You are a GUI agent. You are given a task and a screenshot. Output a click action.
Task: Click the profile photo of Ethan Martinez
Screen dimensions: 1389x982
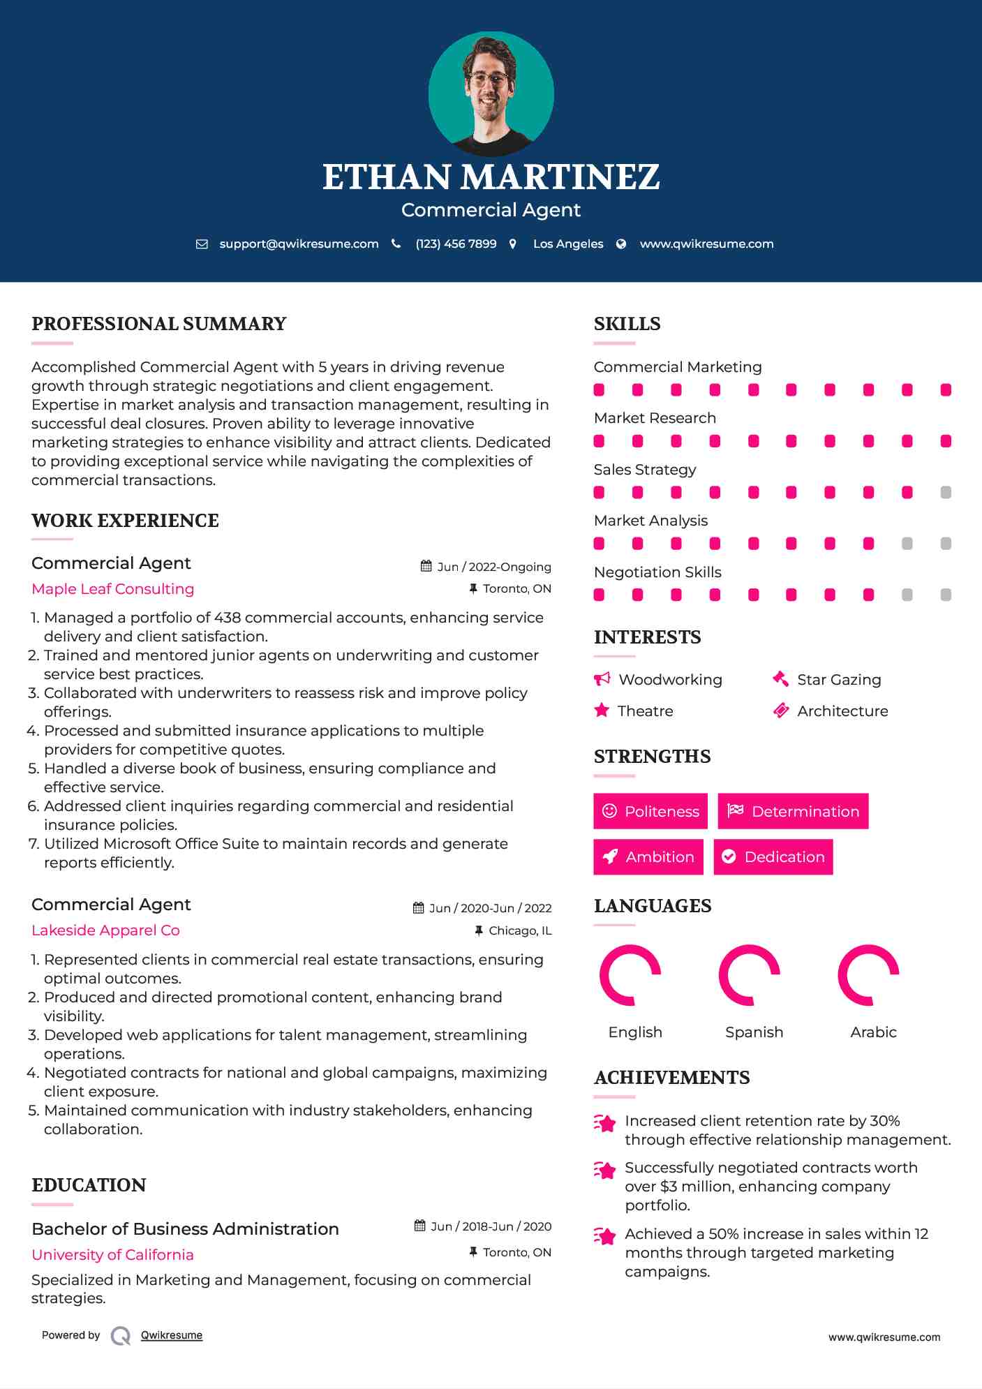tap(491, 94)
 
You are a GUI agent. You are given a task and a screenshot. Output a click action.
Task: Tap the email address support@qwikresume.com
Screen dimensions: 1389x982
tap(299, 244)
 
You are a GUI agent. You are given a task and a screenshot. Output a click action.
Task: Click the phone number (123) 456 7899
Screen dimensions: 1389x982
tap(456, 244)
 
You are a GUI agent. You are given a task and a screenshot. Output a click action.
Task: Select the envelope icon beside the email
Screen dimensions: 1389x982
tap(202, 244)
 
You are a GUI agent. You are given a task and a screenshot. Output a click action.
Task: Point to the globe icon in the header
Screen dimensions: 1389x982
tap(621, 244)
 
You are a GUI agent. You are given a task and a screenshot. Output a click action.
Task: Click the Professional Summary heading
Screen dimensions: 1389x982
tap(159, 324)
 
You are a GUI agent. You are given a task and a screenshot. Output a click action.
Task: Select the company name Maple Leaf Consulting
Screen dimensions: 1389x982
tap(113, 588)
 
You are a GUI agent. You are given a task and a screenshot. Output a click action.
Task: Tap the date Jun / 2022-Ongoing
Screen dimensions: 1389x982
tap(493, 567)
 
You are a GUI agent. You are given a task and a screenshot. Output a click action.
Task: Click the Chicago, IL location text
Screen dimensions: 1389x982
tap(520, 930)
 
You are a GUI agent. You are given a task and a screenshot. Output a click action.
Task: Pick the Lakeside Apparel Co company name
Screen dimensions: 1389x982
tap(105, 930)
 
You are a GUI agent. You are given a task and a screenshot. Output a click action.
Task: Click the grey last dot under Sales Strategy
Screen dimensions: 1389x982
tap(946, 492)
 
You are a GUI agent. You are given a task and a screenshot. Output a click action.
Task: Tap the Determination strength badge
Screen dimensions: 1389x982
tap(793, 811)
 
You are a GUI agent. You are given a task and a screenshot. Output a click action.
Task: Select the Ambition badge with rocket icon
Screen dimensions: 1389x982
tap(648, 856)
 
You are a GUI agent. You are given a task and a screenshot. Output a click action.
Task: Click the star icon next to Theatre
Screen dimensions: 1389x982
tap(602, 711)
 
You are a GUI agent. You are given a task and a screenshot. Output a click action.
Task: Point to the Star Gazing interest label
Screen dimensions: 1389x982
tap(839, 679)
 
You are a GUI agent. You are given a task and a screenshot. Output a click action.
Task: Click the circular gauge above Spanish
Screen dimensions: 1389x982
tap(749, 975)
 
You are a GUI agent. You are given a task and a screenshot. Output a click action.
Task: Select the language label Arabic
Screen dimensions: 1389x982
tap(873, 1032)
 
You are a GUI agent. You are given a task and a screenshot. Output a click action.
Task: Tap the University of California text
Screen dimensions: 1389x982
tap(113, 1254)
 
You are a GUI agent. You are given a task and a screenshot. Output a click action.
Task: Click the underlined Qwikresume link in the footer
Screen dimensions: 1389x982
tap(172, 1335)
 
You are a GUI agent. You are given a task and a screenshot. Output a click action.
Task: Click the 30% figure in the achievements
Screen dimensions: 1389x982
tap(884, 1120)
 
